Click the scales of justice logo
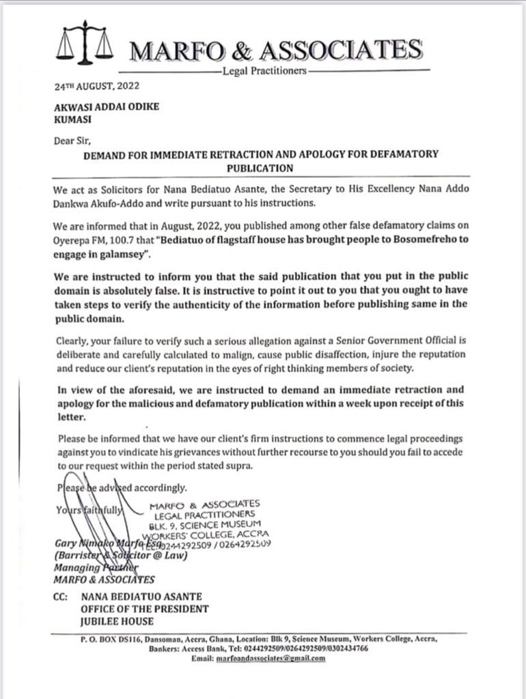(x=85, y=42)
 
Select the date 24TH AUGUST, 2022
(x=96, y=87)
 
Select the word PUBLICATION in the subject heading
(x=260, y=168)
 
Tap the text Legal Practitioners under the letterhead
(x=264, y=71)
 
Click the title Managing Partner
(x=92, y=567)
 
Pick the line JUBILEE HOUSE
(x=117, y=621)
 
